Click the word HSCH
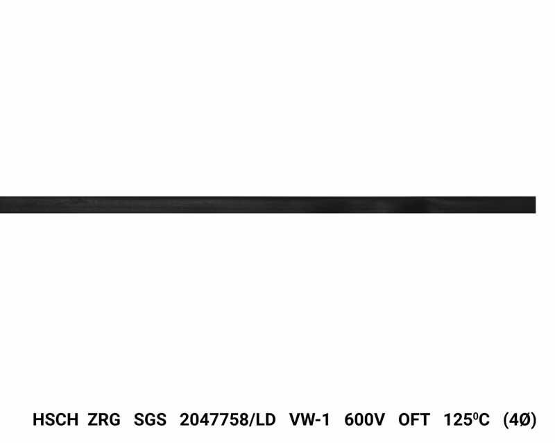pyautogui.click(x=55, y=419)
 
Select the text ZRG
pyautogui.click(x=104, y=419)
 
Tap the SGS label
pyautogui.click(x=150, y=419)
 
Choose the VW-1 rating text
pyautogui.click(x=309, y=419)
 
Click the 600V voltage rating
pyautogui.click(x=365, y=419)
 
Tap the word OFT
pyautogui.click(x=414, y=419)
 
